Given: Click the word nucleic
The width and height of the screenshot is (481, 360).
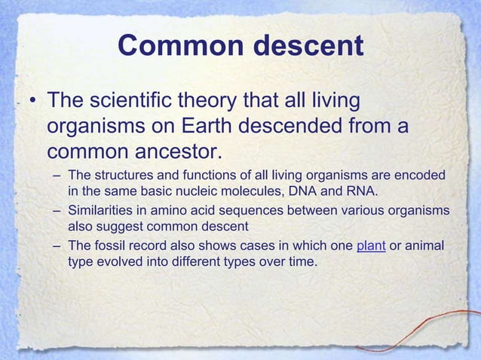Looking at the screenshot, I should (211, 190).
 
